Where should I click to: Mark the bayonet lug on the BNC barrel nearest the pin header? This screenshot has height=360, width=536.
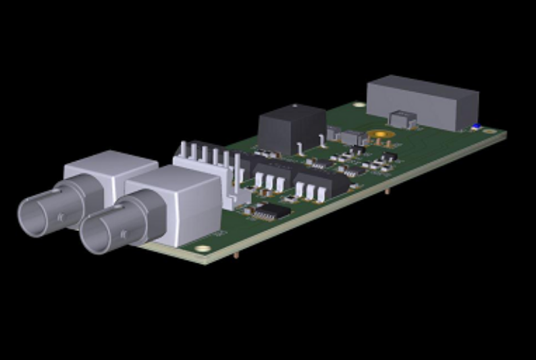coord(120,217)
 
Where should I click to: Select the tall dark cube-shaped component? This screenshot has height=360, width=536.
coord(292,128)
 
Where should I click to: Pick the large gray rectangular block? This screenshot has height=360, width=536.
coord(422,102)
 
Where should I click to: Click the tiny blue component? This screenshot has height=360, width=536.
coord(475,126)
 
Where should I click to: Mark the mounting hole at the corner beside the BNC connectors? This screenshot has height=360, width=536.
coord(202,249)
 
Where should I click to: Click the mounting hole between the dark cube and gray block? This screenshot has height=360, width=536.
coord(358,105)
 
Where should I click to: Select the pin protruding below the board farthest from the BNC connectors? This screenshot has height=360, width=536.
coord(387,191)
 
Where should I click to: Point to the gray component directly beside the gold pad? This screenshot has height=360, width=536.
coord(352,138)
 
